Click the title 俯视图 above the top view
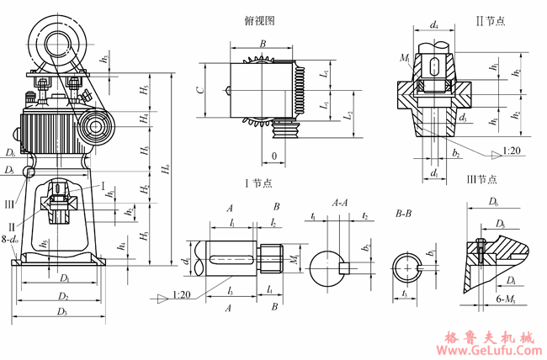pyautogui.click(x=259, y=21)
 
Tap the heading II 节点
pyautogui.click(x=489, y=21)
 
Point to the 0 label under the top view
pyautogui.click(x=273, y=156)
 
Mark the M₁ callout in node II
pyautogui.click(x=406, y=59)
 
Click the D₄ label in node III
pyautogui.click(x=512, y=281)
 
